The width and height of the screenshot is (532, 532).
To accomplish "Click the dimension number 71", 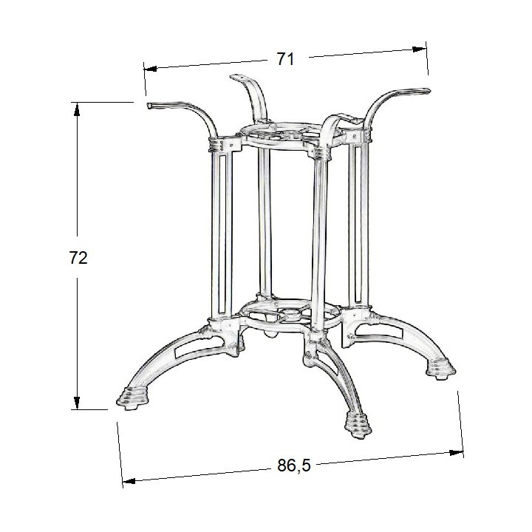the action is coord(285,59).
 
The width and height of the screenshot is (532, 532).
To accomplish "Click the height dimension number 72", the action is coord(78,258).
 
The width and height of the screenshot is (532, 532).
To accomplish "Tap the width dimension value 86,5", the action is coord(294,465).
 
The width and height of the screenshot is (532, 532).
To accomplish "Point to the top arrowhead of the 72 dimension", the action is coord(77,109).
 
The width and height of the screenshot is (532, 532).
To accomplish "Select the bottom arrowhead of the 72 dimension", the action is coord(77,403).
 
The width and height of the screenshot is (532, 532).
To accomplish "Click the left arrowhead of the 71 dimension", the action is coord(150,69).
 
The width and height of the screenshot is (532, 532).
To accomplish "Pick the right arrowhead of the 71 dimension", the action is coord(420,50).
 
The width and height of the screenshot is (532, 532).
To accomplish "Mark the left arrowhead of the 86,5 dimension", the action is coord(129,481).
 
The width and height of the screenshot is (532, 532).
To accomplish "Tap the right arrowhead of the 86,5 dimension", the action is coord(456,452).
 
